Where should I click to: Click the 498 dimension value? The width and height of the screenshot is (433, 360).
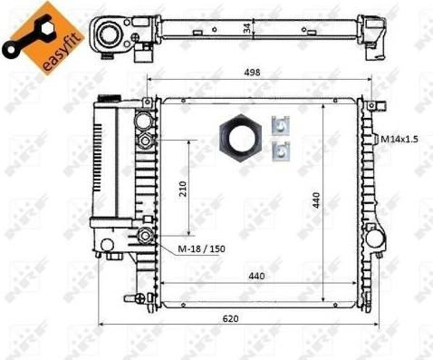(252, 73)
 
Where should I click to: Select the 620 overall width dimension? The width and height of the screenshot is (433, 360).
(230, 318)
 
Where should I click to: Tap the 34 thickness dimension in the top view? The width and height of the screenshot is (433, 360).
(247, 28)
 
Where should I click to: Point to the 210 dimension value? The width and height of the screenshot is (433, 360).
(183, 189)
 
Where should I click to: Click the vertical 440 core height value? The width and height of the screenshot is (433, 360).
(316, 200)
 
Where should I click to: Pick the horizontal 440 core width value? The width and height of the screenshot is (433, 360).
(256, 276)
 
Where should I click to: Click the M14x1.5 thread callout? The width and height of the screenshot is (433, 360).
(399, 139)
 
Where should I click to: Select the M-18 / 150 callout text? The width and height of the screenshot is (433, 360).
(201, 248)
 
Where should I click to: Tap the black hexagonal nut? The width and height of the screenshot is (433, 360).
(240, 138)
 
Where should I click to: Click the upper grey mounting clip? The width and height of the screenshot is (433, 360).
(281, 125)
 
